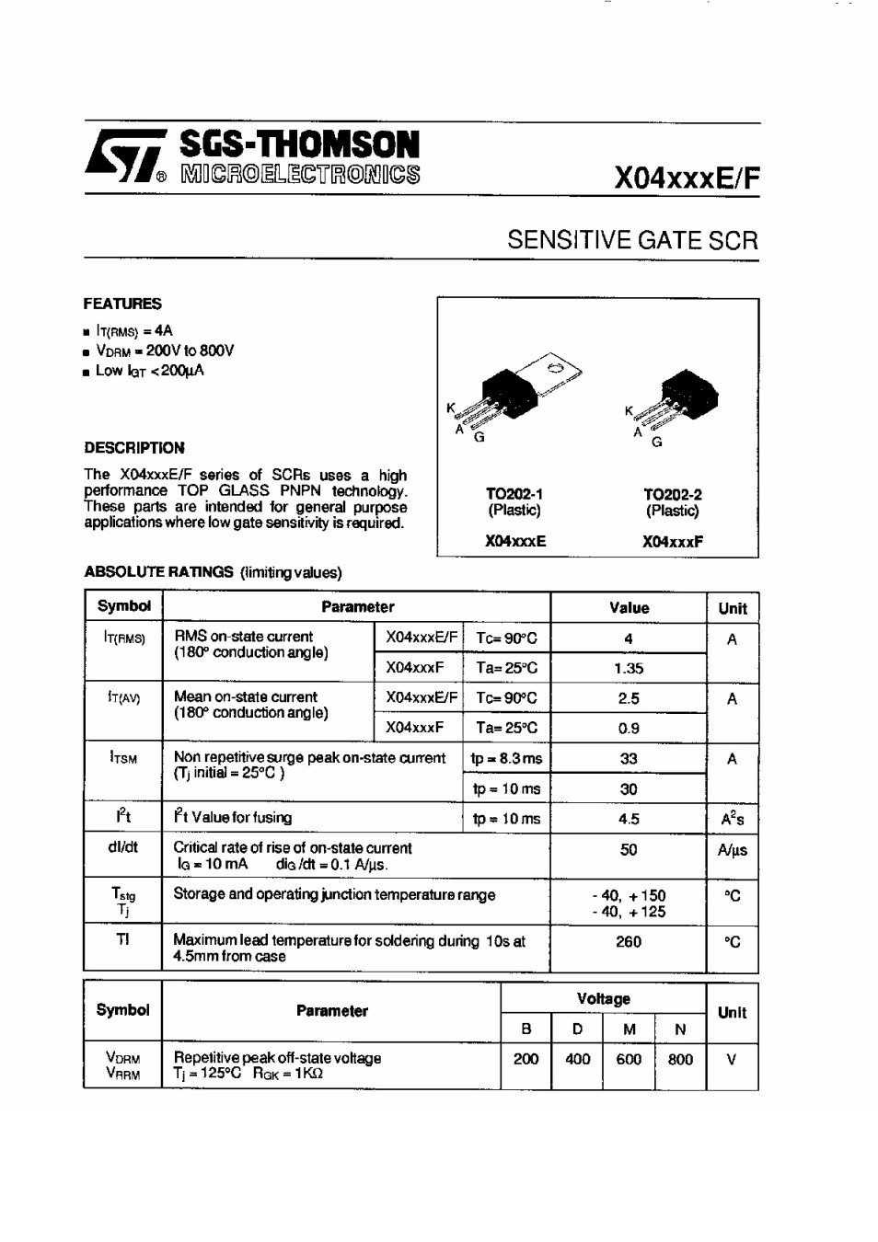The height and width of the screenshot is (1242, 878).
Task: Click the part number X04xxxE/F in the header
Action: tap(687, 178)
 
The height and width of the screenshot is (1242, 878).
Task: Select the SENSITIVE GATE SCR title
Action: tap(632, 241)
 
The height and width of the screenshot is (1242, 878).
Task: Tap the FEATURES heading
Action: tap(122, 304)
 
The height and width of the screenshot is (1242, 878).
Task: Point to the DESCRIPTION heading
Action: tap(134, 448)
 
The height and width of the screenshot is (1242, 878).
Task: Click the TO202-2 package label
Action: tap(672, 494)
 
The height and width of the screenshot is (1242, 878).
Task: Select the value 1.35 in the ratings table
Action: tap(629, 669)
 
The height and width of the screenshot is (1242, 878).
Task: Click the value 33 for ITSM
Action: tap(629, 759)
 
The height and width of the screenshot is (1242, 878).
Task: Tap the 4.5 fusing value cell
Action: tap(629, 819)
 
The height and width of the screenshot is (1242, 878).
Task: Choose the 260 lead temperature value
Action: tap(629, 942)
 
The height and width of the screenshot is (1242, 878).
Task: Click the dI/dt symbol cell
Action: tap(122, 847)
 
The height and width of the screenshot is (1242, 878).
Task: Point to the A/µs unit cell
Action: tap(732, 850)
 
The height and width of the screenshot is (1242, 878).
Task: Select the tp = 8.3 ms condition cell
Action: tap(506, 759)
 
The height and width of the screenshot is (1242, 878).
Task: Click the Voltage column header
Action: tap(604, 999)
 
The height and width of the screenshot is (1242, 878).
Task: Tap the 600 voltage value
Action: tap(629, 1060)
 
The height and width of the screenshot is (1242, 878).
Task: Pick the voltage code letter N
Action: tap(680, 1030)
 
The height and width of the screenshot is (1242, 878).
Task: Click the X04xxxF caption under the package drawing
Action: tap(672, 542)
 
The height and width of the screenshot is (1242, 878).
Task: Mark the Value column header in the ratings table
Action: tap(629, 608)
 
